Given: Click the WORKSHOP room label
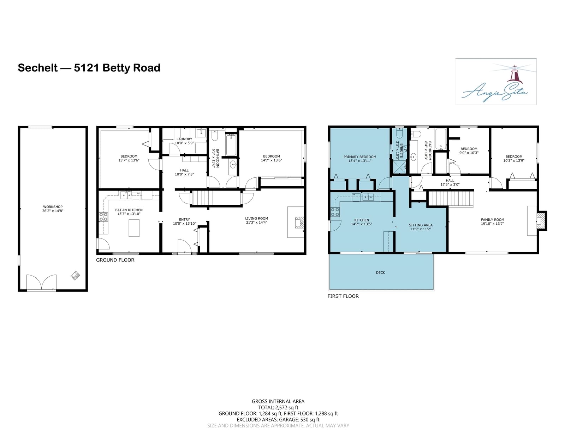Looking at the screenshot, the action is tap(53, 207).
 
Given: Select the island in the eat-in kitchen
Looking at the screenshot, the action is tap(134, 228).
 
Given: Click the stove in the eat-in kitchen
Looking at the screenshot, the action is tap(103, 217).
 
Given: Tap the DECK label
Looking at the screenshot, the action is tap(380, 273).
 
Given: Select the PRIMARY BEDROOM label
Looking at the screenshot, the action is tap(360, 157).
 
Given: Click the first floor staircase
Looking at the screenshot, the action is tap(451, 199).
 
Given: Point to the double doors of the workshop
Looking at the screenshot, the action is tap(41, 282).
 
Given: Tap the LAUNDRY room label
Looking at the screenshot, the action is tap(184, 139).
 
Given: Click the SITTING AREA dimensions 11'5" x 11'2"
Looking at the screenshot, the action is tap(421, 229).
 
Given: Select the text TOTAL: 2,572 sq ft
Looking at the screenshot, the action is tap(278, 408).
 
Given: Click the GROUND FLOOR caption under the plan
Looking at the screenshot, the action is tap(115, 260).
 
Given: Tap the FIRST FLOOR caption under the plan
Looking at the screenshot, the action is tap(343, 296).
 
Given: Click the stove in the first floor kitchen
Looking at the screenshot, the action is tap(335, 212).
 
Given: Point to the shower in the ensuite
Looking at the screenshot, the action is tap(399, 167).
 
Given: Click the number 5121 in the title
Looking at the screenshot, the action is tap(86, 68).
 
